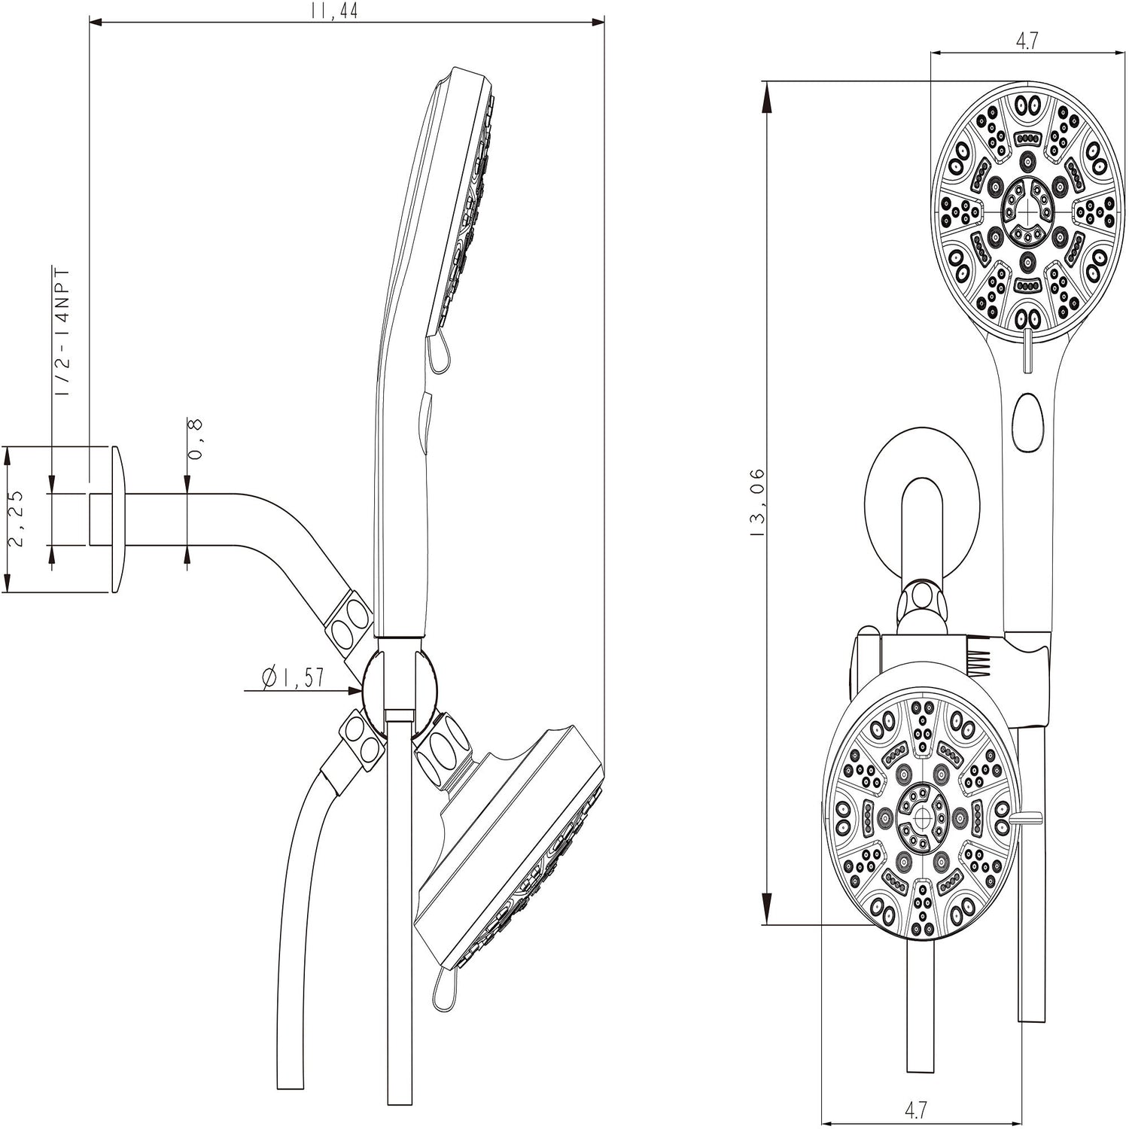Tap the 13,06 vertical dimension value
tap(757, 503)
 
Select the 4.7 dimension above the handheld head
tap(1027, 41)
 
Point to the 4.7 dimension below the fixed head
tap(915, 1109)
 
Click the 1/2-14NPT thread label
tap(63, 331)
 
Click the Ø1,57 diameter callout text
tap(294, 677)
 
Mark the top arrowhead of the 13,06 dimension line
tap(767, 86)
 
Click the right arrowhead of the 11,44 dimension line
tap(602, 23)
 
